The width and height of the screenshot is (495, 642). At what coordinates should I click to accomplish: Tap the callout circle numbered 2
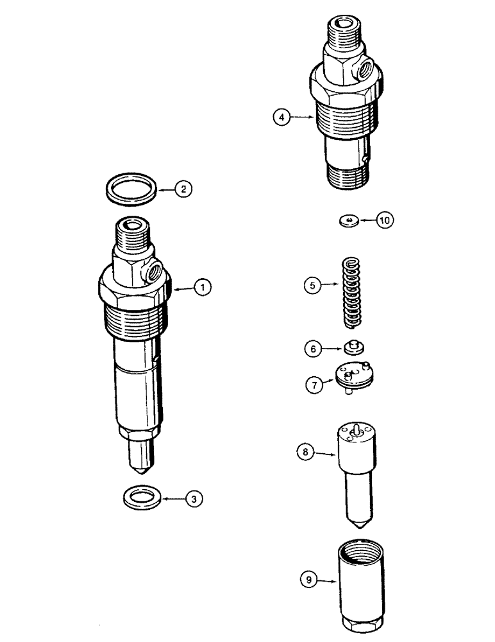(x=183, y=189)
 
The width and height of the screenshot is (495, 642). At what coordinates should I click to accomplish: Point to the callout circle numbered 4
(x=280, y=117)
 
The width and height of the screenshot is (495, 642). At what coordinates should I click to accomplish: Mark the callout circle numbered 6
(x=312, y=349)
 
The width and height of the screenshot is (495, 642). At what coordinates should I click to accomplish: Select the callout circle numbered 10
(x=384, y=220)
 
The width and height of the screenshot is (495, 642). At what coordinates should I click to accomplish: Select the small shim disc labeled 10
(x=348, y=221)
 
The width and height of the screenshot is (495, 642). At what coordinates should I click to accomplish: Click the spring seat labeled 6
(x=353, y=347)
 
